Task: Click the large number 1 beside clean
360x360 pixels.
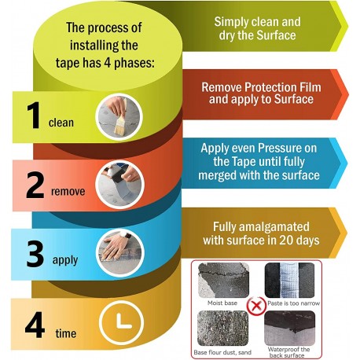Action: click(34, 116)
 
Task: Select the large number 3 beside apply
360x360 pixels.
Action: click(35, 254)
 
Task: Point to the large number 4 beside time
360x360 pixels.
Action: click(35, 324)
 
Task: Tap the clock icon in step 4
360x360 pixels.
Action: click(122, 322)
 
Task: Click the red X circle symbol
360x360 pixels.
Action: click(256, 306)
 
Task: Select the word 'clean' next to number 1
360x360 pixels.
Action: click(61, 123)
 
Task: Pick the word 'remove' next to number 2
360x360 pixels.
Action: click(68, 191)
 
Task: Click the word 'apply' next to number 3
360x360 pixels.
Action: click(65, 260)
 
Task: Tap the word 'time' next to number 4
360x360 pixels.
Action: click(66, 333)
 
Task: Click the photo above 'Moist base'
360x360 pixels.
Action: click(223, 281)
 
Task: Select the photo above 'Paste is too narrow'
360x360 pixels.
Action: click(289, 281)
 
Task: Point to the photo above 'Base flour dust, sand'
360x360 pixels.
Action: click(222, 329)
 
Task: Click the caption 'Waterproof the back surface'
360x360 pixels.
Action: click(288, 352)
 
